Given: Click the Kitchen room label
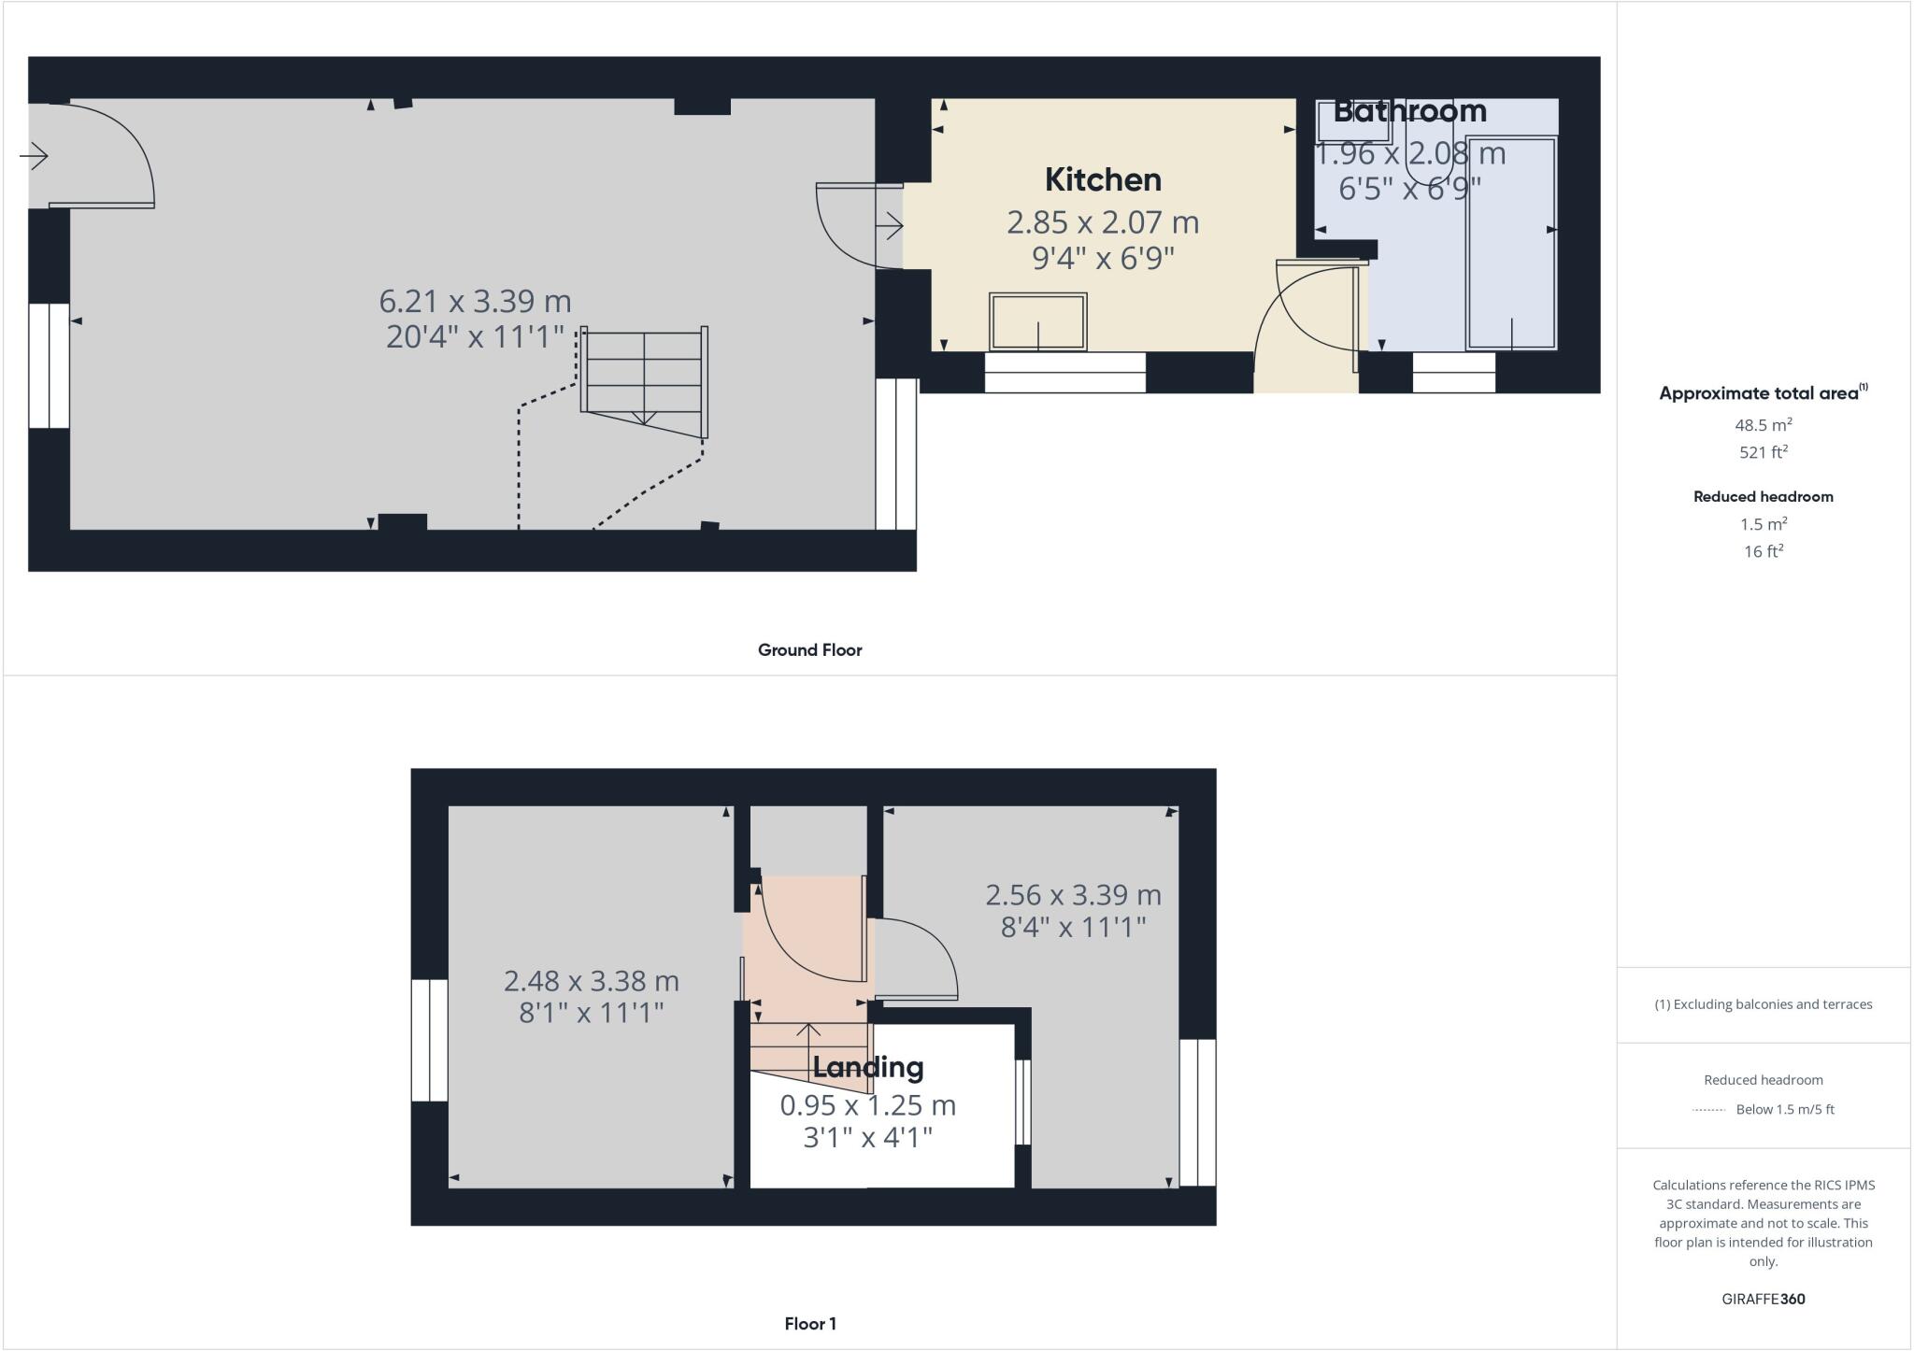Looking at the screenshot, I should tap(1103, 179).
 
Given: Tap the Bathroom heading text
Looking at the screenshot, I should tap(1409, 110).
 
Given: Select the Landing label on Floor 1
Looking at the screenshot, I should tap(867, 1067).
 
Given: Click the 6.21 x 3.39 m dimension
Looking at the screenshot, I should tap(475, 301).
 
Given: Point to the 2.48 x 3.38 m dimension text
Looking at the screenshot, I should tap(591, 981).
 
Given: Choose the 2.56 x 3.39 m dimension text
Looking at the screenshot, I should tap(1073, 895).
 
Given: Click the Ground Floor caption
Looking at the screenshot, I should tap(809, 650).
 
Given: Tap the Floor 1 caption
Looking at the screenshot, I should tap(809, 1324).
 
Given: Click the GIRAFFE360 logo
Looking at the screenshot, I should tap(1763, 1299).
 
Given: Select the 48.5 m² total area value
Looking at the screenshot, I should tap(1763, 425).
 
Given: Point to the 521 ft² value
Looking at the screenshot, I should tap(1763, 452).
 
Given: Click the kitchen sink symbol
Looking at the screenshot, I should tap(1037, 321).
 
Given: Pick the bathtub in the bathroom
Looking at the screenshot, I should tap(1510, 243).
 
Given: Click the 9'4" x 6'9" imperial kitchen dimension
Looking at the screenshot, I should tap(1103, 258).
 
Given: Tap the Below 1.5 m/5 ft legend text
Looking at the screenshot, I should tap(1784, 1110).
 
